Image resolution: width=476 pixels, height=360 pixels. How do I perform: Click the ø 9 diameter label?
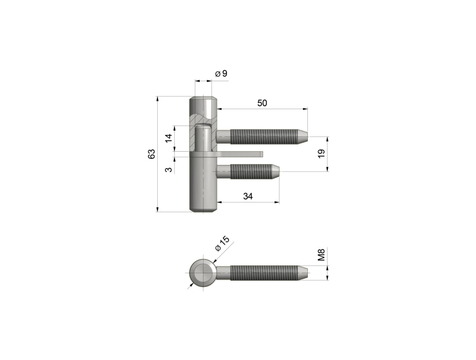point(221,73)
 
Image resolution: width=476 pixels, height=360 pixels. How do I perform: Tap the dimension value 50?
point(262,103)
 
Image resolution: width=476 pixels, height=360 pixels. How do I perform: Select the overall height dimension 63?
point(152,154)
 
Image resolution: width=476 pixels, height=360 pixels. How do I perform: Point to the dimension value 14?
point(169,138)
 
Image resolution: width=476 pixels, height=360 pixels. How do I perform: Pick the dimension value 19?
point(321,154)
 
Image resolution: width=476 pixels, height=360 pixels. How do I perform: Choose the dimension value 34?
point(248,196)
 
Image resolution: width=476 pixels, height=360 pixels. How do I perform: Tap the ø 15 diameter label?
point(223,244)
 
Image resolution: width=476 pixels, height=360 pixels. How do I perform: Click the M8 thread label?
point(321,255)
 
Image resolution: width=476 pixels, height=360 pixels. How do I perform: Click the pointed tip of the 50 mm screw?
point(307,137)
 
